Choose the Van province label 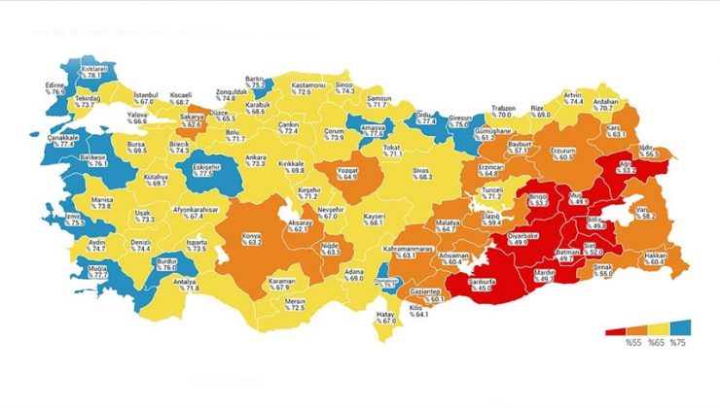pyautogui.click(x=641, y=212)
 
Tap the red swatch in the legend pyautogui.click(x=615, y=329)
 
